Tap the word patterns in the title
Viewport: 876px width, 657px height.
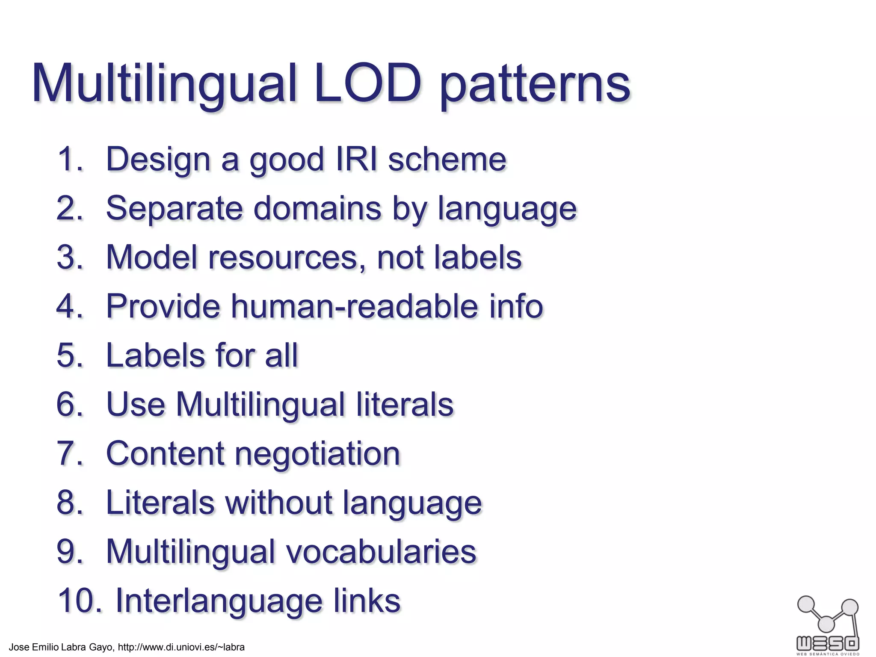(535, 86)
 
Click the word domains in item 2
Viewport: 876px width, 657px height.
(317, 208)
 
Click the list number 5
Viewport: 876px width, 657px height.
(69, 355)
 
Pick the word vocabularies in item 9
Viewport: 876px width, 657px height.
(381, 551)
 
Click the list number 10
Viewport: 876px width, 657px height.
(80, 601)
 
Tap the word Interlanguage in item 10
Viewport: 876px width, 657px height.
(219, 601)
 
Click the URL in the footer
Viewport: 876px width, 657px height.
(181, 647)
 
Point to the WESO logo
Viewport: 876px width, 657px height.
(828, 624)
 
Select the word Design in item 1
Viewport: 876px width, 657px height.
(158, 159)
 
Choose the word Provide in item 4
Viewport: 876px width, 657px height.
(163, 306)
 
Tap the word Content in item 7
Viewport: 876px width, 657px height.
(165, 454)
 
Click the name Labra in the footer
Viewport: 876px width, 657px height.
(74, 647)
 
